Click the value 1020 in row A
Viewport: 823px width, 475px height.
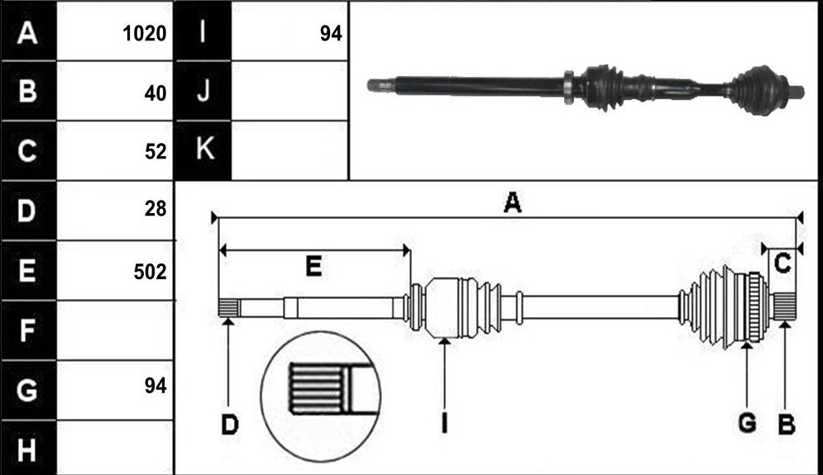point(145,34)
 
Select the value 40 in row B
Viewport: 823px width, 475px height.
point(156,93)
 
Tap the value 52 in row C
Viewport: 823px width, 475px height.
point(156,151)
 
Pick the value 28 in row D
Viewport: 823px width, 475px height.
point(156,209)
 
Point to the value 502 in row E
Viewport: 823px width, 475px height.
point(150,272)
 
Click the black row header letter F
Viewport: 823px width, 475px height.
point(26,330)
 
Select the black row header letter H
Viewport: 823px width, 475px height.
point(26,450)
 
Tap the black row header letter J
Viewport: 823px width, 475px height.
point(203,90)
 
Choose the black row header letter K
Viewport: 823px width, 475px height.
point(204,149)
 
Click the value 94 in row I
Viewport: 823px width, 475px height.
point(331,34)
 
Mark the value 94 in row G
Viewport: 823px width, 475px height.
point(156,386)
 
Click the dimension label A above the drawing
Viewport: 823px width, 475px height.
point(512,202)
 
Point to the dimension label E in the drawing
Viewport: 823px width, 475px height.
point(313,267)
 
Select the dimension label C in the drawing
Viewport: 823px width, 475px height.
point(782,264)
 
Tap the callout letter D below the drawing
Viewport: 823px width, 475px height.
point(229,424)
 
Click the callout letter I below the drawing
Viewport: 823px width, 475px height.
point(444,423)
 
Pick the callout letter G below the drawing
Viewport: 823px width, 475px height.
point(747,423)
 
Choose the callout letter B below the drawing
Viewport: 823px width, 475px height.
point(787,424)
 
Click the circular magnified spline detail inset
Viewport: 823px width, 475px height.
point(321,397)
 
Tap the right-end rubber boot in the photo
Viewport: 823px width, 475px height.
point(756,90)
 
